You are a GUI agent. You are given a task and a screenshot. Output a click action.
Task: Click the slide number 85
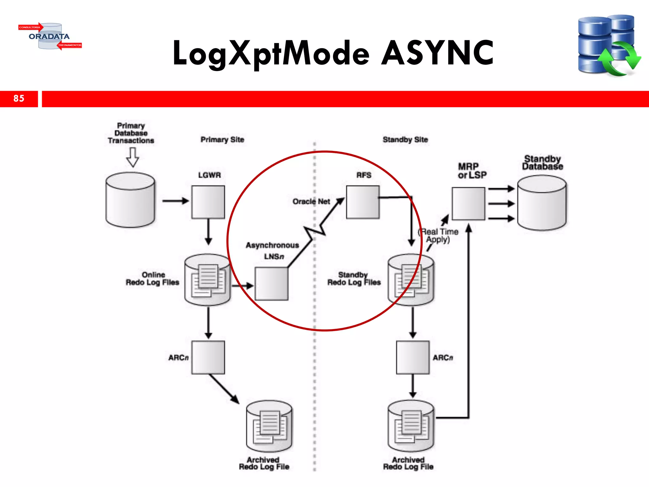[19, 98]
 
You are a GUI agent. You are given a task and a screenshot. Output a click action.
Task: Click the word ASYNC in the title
[437, 53]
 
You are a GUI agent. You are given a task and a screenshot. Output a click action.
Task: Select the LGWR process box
[208, 202]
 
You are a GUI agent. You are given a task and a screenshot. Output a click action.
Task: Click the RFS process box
[363, 202]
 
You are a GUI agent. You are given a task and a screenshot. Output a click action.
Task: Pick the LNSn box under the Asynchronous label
[272, 283]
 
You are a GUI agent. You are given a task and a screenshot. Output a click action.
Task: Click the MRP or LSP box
[468, 204]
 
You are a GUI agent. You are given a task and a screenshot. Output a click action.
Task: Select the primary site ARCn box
[208, 357]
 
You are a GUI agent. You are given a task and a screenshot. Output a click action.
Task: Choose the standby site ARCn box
[413, 357]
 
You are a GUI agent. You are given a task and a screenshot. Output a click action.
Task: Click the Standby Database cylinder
[542, 203]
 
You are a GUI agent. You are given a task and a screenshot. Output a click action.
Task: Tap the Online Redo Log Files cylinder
[208, 280]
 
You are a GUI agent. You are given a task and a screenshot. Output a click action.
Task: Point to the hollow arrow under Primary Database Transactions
[132, 157]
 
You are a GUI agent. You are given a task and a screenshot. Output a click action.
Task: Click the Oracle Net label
[311, 202]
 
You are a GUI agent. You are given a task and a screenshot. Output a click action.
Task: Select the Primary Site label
[222, 140]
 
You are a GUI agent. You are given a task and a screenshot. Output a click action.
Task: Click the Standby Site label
[405, 140]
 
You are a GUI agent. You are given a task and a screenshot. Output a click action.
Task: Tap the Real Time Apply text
[439, 236]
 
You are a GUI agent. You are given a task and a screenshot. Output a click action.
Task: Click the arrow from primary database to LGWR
[175, 201]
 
